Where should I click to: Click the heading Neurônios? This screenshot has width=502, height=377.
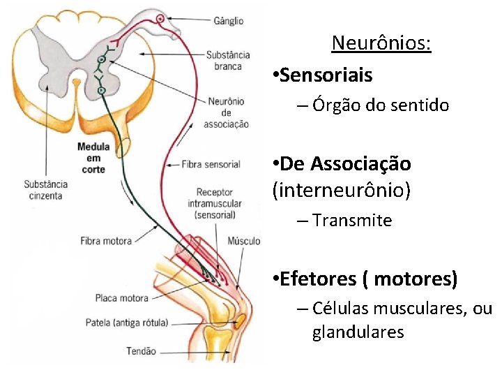point(381,43)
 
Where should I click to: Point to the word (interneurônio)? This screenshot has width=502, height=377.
point(341,190)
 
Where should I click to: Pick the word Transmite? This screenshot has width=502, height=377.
point(352,221)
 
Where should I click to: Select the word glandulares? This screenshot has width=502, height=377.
point(358,332)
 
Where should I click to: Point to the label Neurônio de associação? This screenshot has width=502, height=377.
point(226,112)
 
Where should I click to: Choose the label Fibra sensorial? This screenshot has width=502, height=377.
point(211,165)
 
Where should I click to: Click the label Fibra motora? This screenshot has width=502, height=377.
point(106,242)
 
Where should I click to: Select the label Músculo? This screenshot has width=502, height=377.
point(244,242)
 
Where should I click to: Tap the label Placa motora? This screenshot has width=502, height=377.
point(121,298)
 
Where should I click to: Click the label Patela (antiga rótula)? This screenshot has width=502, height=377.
point(126,323)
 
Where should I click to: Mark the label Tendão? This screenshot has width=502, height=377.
point(142,351)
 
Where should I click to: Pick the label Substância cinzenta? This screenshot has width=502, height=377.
point(45,190)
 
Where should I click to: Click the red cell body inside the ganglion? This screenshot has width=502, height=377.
point(161,18)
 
